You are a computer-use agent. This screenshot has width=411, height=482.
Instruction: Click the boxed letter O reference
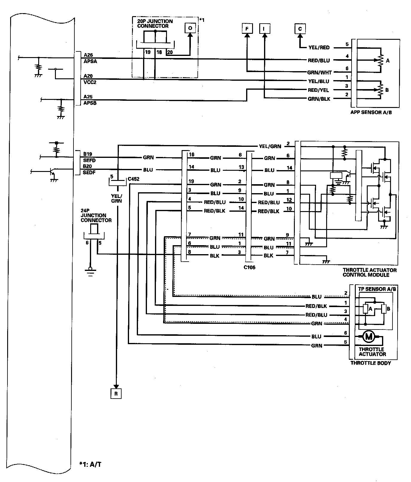point(190,28)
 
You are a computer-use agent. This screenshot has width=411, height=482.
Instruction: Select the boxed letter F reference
point(247,29)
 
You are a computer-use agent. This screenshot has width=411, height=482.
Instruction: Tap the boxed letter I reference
point(264,29)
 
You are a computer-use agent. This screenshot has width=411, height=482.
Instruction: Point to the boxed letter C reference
point(300,29)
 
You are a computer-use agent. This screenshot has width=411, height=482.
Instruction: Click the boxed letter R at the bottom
point(116,394)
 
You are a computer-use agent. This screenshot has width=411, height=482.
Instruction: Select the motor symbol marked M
point(369,337)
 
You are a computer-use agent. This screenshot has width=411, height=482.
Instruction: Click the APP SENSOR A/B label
point(371,113)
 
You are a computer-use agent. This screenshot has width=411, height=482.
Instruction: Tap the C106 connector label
point(249,268)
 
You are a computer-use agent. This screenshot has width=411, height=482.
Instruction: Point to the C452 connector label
point(133,179)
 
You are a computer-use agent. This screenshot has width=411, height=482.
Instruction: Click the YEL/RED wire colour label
point(319,48)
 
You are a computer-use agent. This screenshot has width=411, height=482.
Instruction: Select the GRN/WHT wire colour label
point(319,72)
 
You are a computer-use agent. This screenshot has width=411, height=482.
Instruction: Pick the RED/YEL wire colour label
point(319,90)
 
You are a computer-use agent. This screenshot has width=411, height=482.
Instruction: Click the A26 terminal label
point(88,55)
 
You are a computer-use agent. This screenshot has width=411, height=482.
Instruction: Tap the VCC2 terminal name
point(90,82)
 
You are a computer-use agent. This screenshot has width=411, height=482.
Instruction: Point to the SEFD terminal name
point(89,160)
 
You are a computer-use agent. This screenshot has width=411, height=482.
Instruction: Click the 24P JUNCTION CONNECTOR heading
point(96,218)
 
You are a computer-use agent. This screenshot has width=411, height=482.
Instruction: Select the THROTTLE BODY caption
point(370,363)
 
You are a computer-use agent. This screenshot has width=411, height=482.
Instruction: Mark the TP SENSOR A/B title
point(377,289)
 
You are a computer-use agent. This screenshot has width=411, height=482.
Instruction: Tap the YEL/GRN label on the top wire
point(270,146)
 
